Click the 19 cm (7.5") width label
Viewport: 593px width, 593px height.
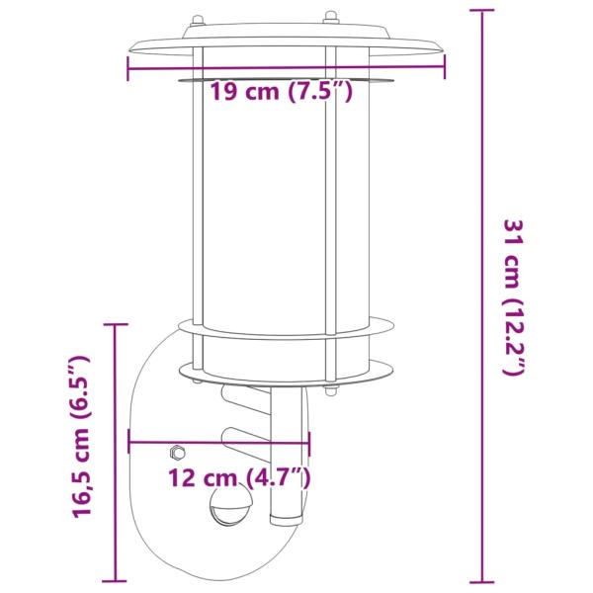282,94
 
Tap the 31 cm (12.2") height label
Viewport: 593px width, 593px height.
514,296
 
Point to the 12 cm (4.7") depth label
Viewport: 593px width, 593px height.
239,479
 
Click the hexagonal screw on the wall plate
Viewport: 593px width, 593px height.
176,453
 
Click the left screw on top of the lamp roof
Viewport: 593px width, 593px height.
197,18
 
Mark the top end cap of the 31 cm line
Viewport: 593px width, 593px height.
481,10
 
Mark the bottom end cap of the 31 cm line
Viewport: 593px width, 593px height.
481,582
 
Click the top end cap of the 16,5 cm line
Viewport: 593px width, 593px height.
116,324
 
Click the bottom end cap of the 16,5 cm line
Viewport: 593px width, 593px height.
116,582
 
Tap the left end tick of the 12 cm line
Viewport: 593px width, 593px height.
129,443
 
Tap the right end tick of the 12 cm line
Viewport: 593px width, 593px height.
309,443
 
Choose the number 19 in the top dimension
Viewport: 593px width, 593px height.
224,94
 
